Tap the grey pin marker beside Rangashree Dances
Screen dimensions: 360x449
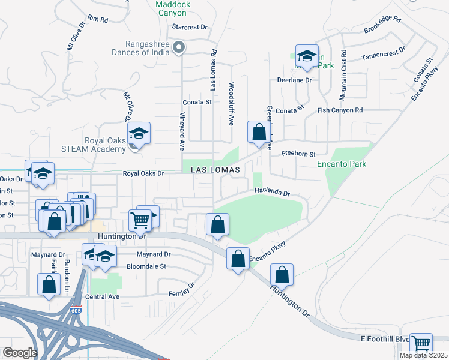pos(178,47)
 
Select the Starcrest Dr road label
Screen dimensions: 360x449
pos(189,27)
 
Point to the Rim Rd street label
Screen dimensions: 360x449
pos(97,19)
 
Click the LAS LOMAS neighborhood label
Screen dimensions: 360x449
pos(215,170)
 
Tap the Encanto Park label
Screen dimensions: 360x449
pos(342,164)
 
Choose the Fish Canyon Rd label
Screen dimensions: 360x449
pos(340,110)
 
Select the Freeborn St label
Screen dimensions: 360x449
pos(299,154)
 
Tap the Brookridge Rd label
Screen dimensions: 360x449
pos(382,25)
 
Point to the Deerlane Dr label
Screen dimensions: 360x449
pos(294,80)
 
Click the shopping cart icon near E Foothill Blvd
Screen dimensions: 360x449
pos(421,344)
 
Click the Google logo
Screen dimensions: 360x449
pos(20,353)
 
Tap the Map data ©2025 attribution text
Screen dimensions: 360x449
pos(423,355)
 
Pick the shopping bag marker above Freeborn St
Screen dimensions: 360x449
pos(258,132)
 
